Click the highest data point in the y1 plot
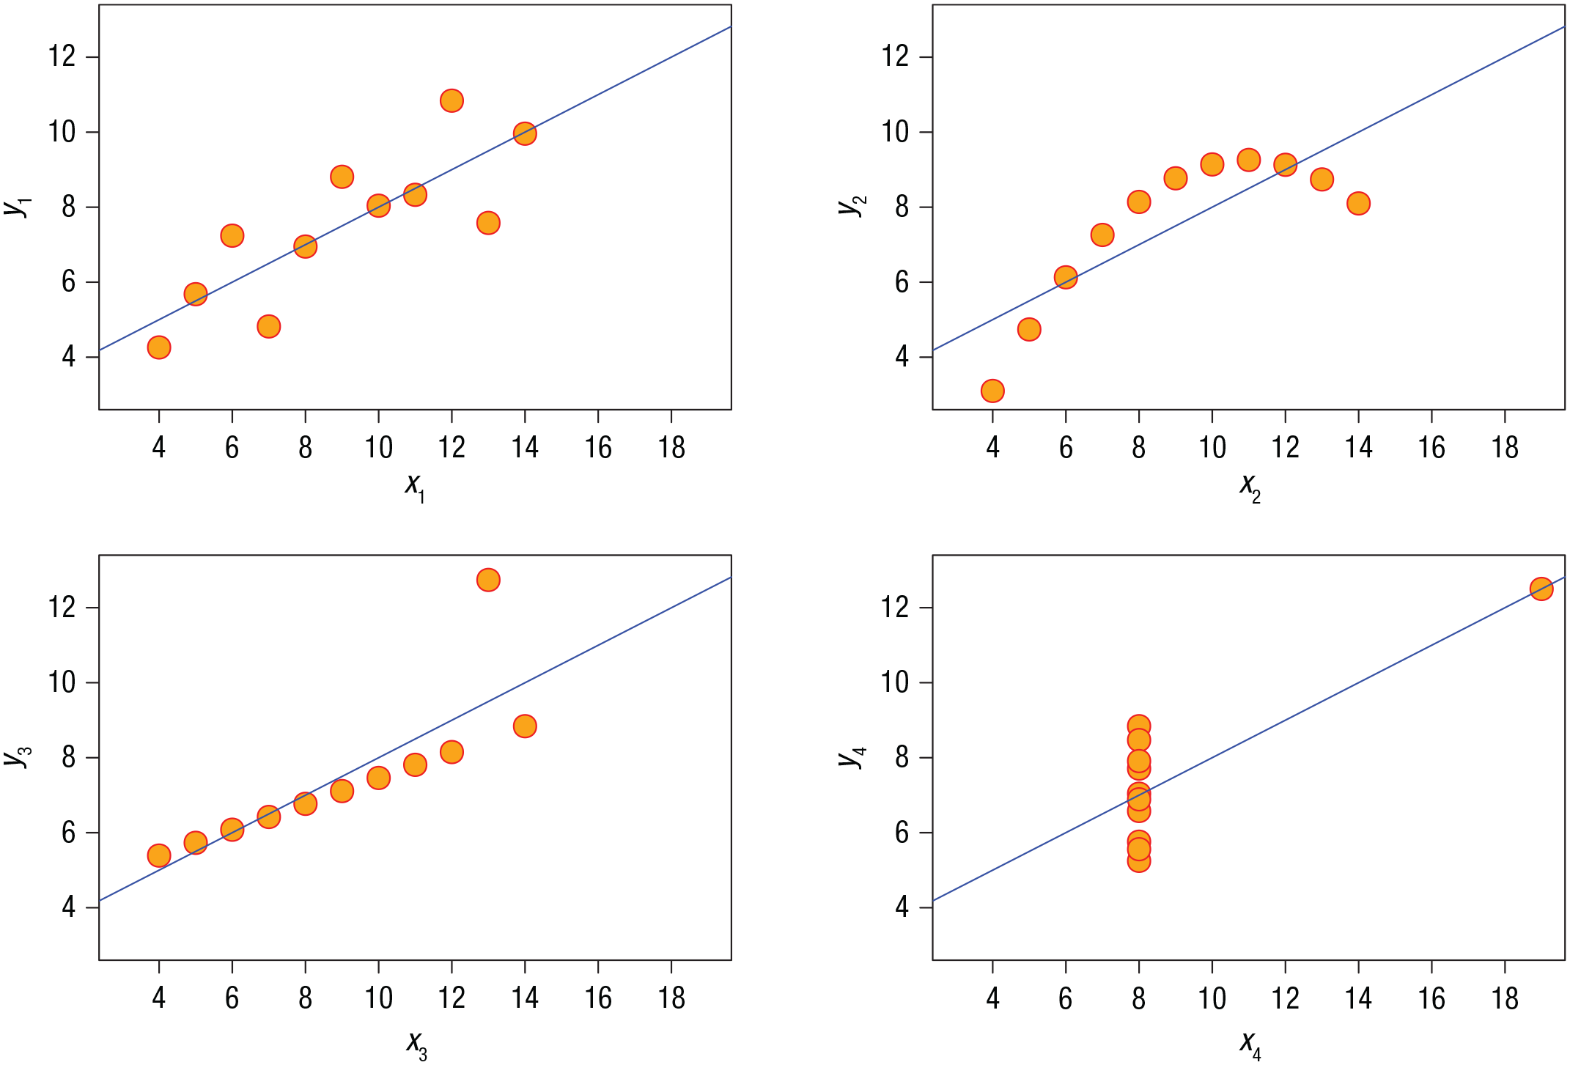coord(452,100)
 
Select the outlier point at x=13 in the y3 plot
coord(488,580)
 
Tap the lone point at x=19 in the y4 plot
coord(1541,589)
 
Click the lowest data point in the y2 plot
coord(992,391)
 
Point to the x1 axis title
coord(415,486)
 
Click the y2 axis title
coord(852,206)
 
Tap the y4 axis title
coord(852,756)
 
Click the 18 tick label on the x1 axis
coord(671,448)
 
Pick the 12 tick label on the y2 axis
coord(895,56)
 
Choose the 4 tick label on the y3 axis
coord(69,907)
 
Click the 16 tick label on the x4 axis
coord(1431,998)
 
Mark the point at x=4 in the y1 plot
coord(159,347)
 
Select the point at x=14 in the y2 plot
coord(1358,203)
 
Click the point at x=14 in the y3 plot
coord(525,726)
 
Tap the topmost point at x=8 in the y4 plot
coord(1138,726)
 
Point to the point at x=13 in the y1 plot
coord(488,223)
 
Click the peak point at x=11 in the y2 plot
coord(1248,160)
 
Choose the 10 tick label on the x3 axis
coord(378,998)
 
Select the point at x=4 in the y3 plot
coord(159,855)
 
